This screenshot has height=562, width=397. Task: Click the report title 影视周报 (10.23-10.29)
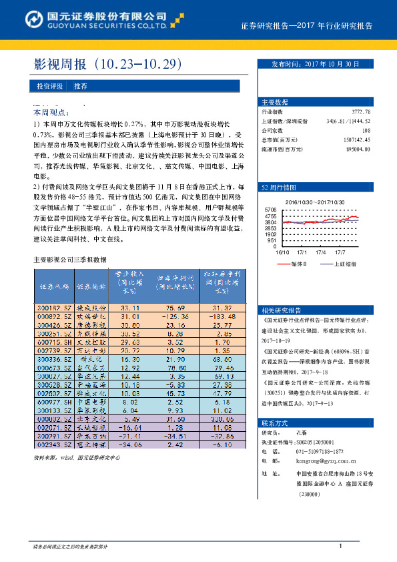point(107,65)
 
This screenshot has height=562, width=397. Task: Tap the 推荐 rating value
point(81,87)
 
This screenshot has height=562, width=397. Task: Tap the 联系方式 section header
point(275,423)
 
